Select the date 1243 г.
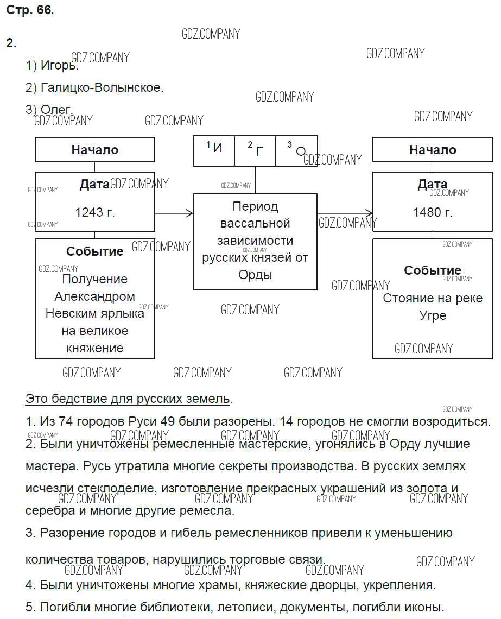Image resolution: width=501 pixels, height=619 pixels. coord(95,212)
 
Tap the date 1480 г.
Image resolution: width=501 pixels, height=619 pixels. coord(432,212)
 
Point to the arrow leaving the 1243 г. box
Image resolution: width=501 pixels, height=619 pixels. coord(174,213)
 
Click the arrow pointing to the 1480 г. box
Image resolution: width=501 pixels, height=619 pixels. coord(345,213)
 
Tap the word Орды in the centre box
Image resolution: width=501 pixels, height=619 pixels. coord(255,275)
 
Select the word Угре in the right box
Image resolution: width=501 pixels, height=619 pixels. coord(433,315)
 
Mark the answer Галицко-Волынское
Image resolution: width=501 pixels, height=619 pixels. coord(102,87)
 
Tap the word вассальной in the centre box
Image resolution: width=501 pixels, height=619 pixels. coord(255,223)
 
